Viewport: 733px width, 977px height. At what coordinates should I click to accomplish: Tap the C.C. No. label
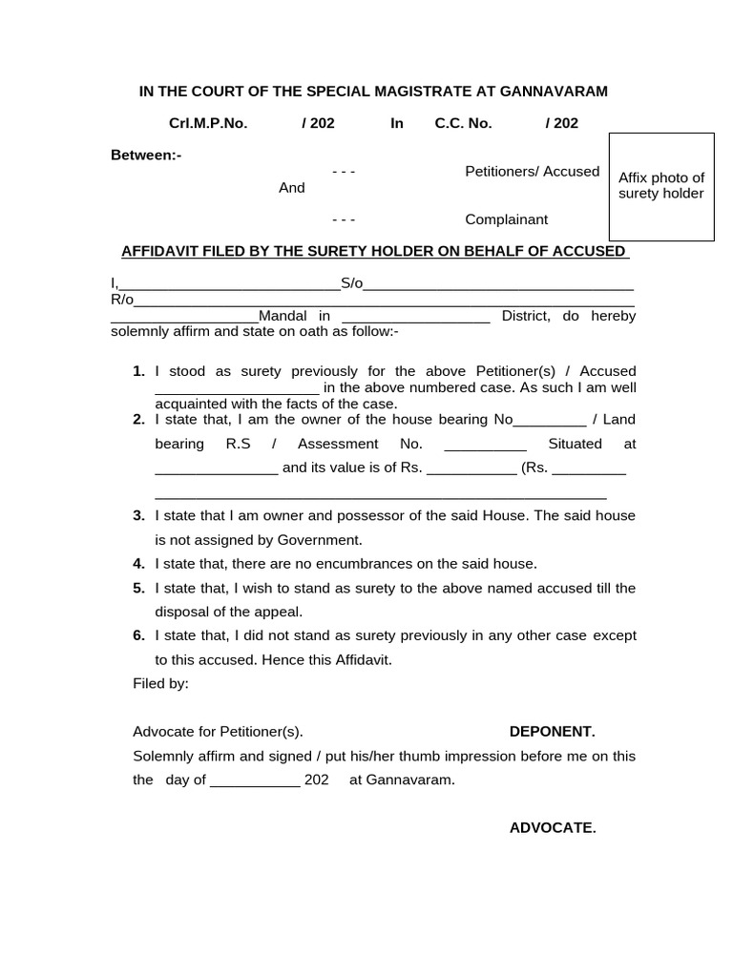(463, 123)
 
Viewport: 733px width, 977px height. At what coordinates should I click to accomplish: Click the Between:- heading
(146, 155)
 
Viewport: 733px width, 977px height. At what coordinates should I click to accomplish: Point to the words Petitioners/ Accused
(532, 172)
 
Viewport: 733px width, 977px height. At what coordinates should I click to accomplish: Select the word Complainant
(506, 219)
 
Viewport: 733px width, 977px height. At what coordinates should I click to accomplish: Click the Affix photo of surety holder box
(660, 186)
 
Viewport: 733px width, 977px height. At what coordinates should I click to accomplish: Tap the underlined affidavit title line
(374, 251)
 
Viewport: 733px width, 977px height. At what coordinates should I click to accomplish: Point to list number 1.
(138, 371)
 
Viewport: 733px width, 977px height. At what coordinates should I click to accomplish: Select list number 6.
(138, 635)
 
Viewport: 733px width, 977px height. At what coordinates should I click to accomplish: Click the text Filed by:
(160, 683)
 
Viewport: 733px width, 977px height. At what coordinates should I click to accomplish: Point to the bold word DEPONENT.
(552, 732)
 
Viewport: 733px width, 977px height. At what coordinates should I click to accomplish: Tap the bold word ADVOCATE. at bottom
(552, 827)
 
